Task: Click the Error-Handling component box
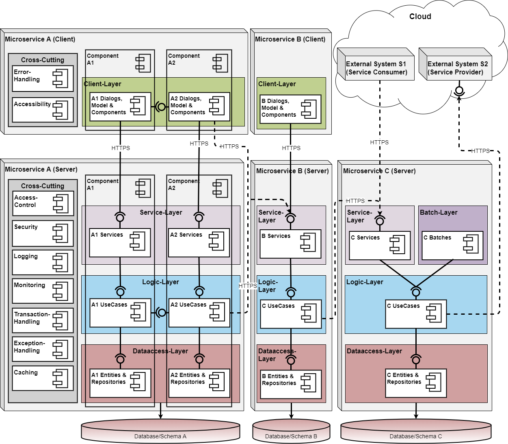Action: (x=43, y=78)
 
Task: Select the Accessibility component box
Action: (x=43, y=110)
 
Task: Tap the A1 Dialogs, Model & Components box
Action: (x=120, y=107)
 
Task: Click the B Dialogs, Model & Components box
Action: (x=290, y=109)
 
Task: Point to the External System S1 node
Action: (x=376, y=68)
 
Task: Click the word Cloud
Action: (x=420, y=17)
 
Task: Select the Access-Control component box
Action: (x=43, y=203)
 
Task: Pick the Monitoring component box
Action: (x=43, y=291)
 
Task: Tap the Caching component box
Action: (x=43, y=378)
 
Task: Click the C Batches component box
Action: (x=452, y=246)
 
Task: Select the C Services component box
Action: (x=379, y=246)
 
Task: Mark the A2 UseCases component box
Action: (x=199, y=313)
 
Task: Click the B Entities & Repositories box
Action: (x=290, y=384)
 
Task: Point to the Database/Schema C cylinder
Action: (x=415, y=432)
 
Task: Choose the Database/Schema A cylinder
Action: (x=160, y=432)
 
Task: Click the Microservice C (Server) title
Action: (x=379, y=171)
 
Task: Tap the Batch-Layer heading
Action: (x=439, y=213)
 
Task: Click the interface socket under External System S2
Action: (x=459, y=91)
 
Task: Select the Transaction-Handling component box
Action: (x=43, y=320)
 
